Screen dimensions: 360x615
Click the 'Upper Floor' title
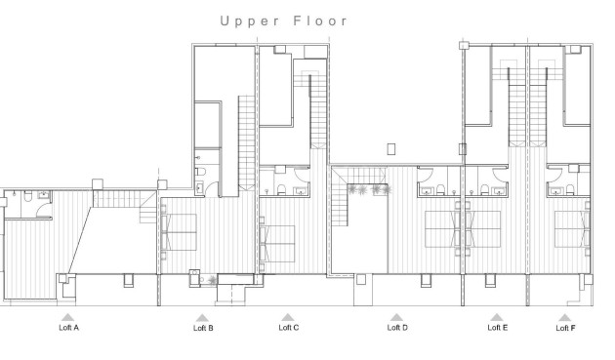click(284, 20)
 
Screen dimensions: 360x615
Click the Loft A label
click(68, 328)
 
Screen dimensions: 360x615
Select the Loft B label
click(203, 329)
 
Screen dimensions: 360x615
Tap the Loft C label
click(288, 328)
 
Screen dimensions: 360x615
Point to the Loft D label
click(397, 328)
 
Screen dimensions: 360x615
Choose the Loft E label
click(498, 328)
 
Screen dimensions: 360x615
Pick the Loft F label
click(564, 329)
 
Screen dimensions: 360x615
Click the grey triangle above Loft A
click(67, 317)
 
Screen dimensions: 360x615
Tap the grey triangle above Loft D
click(396, 317)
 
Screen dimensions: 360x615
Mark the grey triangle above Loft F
click(564, 317)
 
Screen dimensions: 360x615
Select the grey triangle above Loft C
click(288, 317)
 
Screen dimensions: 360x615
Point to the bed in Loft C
click(276, 237)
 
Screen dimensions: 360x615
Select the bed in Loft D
click(444, 229)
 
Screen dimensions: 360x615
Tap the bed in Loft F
click(573, 229)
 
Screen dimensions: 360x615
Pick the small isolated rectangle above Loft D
click(390, 149)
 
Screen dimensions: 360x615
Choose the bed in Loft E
click(483, 229)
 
